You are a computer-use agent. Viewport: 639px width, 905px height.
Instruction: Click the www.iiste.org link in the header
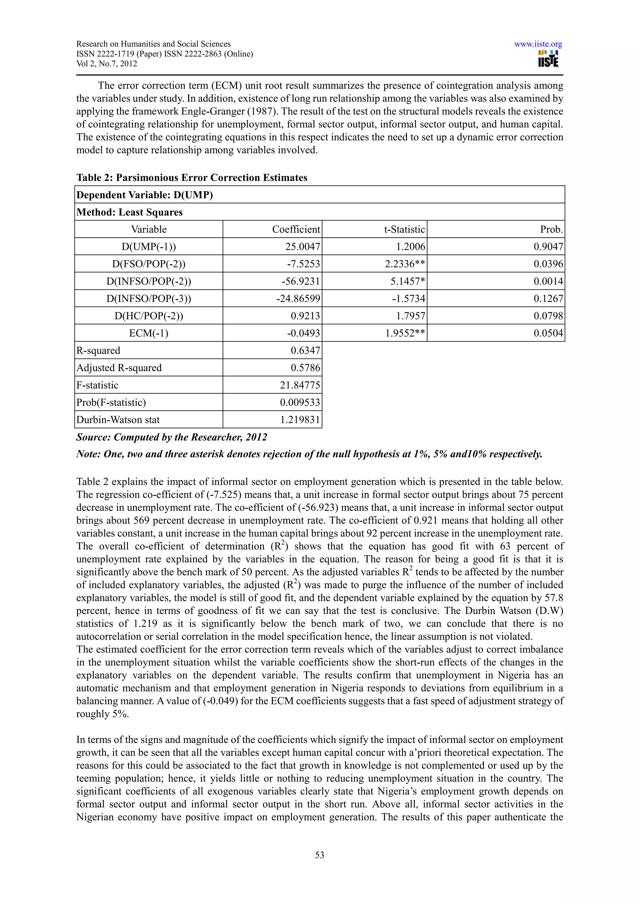point(538,44)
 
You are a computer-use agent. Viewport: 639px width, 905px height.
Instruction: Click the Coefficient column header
point(296,230)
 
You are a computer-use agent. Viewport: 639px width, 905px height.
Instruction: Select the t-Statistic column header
point(404,230)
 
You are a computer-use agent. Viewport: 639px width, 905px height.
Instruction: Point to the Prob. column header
point(551,230)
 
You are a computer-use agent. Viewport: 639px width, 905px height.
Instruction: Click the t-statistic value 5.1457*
point(406,281)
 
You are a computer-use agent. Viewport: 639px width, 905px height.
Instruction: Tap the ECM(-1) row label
point(149,333)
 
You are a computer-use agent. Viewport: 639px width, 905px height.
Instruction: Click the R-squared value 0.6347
point(305,350)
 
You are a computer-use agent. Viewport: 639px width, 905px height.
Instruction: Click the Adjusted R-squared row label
point(119,368)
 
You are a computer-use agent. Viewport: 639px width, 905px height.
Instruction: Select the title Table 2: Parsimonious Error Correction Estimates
point(192,178)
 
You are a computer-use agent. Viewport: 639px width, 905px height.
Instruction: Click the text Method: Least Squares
point(129,212)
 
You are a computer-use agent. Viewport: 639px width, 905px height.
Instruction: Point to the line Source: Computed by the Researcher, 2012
point(172,437)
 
